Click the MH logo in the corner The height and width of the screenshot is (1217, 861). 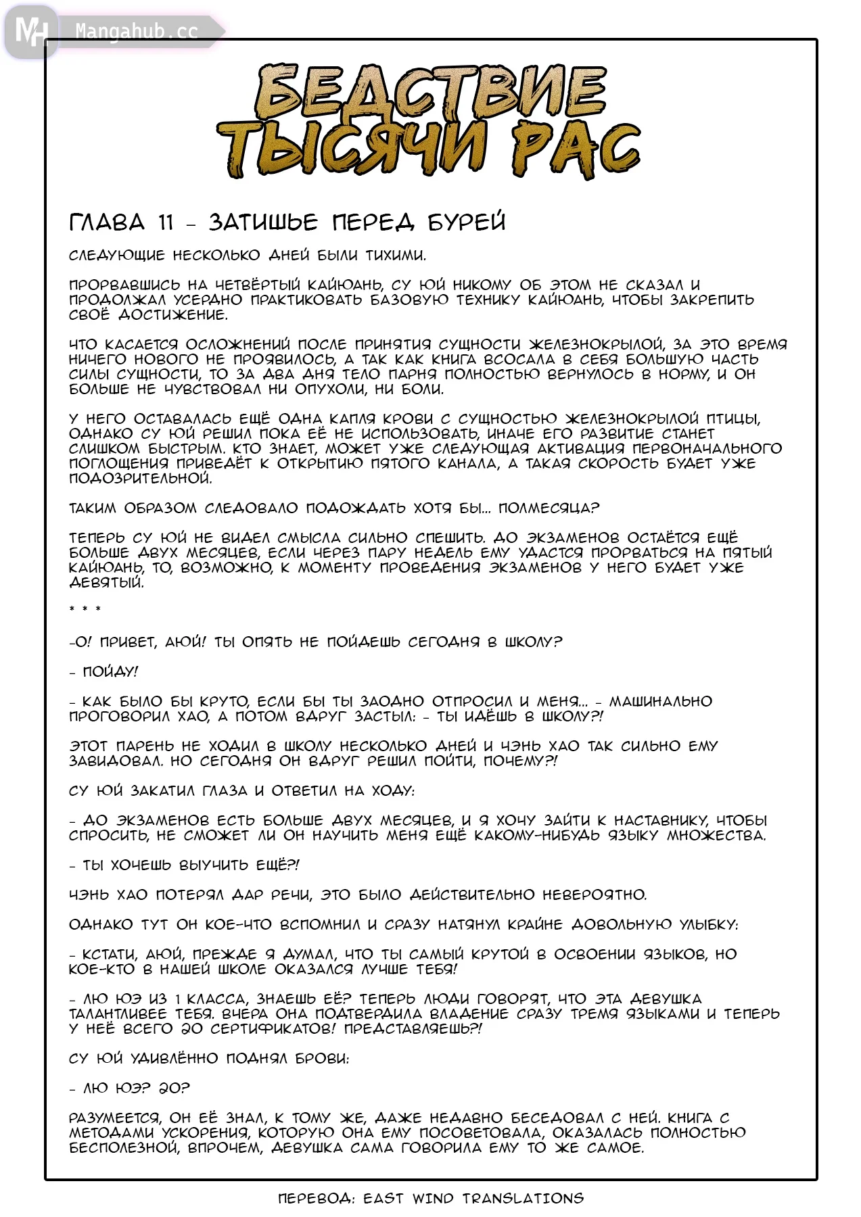coord(30,31)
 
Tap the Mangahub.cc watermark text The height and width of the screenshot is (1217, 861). coord(136,32)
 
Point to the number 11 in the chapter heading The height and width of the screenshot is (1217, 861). coord(166,222)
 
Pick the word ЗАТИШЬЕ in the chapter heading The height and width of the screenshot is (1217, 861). coord(263,222)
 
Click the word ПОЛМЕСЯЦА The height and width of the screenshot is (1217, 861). coord(549,508)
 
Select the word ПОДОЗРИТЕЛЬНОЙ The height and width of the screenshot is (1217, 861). coord(140,479)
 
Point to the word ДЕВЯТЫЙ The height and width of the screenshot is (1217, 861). coord(106,583)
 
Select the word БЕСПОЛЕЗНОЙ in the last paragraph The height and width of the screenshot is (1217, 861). coord(124,1148)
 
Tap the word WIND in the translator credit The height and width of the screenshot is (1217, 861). coord(432,1199)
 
